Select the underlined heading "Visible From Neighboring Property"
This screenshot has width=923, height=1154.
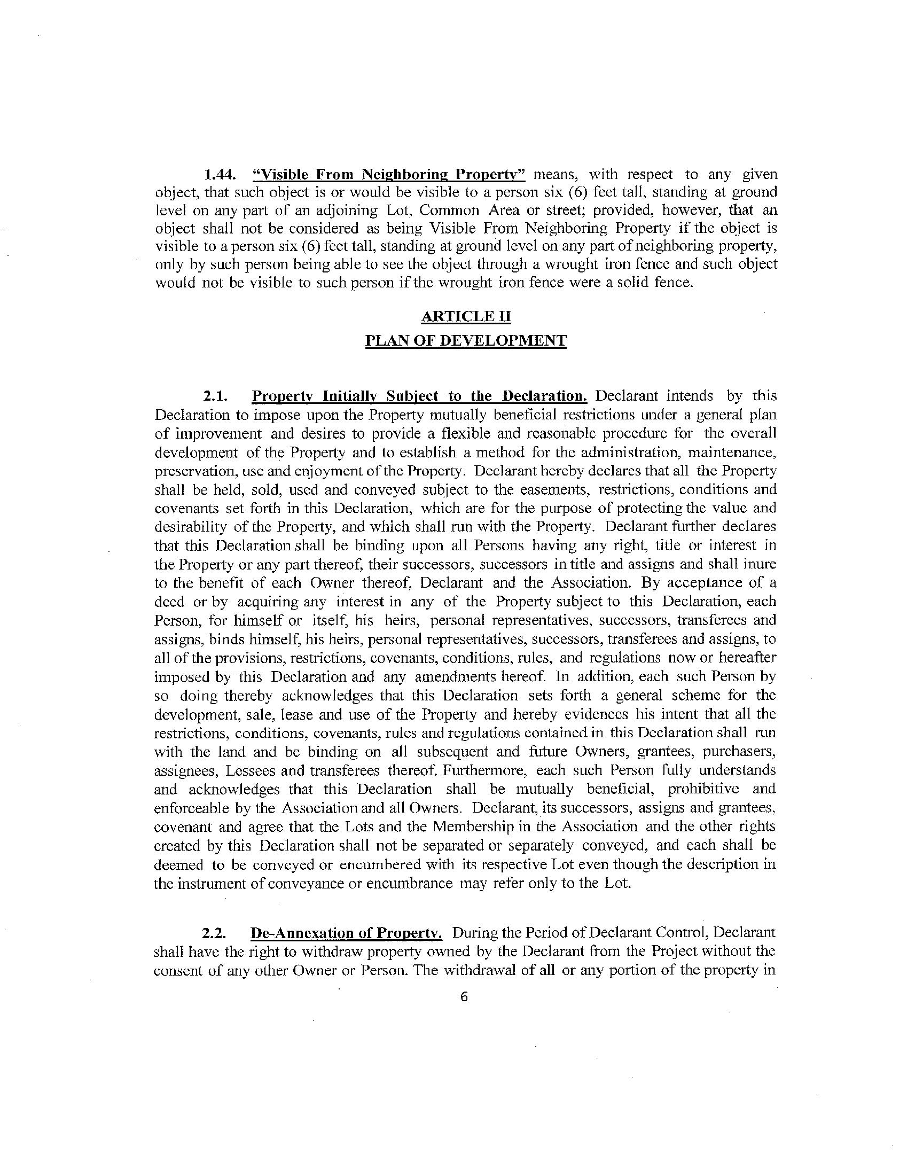(x=389, y=175)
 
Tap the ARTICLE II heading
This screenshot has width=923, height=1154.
(x=466, y=316)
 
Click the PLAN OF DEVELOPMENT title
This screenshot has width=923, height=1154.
(x=466, y=341)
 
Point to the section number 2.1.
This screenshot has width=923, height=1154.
(x=216, y=396)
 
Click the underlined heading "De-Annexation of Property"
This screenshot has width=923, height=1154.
(x=346, y=933)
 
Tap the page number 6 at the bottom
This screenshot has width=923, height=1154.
(x=464, y=996)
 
